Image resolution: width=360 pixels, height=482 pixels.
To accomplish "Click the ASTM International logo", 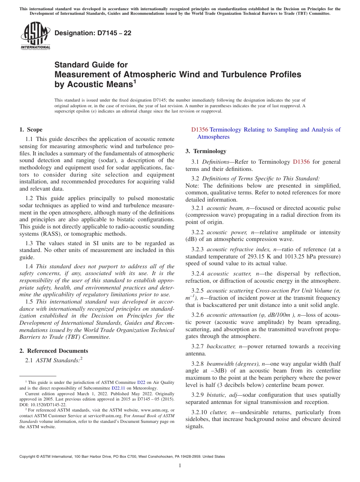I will [35, 35].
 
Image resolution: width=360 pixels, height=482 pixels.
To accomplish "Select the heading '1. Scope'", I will [31, 130].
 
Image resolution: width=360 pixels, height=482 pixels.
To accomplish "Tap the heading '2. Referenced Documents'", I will [54, 351].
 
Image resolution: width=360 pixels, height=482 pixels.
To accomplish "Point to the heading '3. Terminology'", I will [206, 151].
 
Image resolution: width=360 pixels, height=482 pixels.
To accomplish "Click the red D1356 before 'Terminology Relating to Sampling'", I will [200, 130].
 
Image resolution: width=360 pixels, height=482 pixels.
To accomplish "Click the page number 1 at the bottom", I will [180, 466].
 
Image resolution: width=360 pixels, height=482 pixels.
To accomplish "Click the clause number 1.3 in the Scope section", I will [29, 243].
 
